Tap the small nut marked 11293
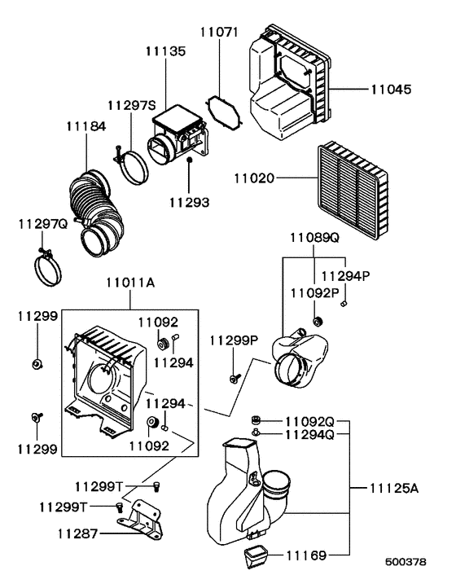[x=189, y=163]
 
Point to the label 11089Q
[x=315, y=238]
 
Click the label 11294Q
[x=310, y=435]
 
